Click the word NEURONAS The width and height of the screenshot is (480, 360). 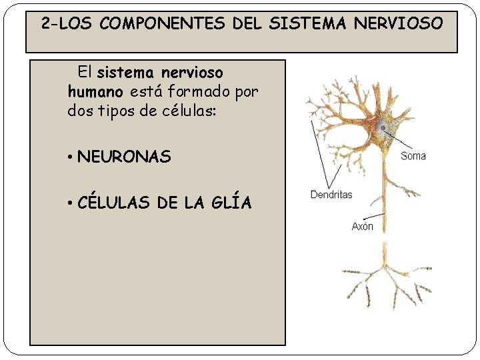[x=124, y=157]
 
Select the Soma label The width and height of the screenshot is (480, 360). [x=413, y=156]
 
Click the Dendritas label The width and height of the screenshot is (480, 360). [x=331, y=195]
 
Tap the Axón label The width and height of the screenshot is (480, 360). [x=363, y=227]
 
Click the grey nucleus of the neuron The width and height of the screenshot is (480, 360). [x=382, y=127]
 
